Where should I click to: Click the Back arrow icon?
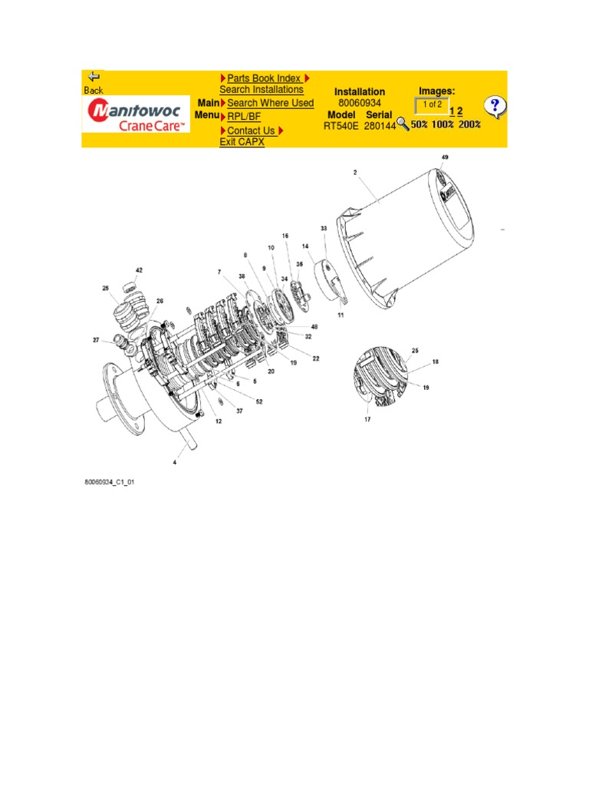[94, 77]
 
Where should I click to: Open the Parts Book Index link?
[264, 78]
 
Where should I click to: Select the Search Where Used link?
[270, 103]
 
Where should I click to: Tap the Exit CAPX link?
[242, 143]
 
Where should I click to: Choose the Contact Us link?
[251, 130]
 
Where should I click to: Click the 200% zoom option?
[469, 124]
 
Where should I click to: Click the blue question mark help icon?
[495, 107]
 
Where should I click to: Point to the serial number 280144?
[380, 126]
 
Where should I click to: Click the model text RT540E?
[341, 126]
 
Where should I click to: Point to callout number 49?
[445, 157]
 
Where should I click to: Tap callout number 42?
[139, 270]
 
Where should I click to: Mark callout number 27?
[96, 339]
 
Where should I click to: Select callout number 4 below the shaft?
[174, 462]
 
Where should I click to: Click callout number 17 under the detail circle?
[367, 419]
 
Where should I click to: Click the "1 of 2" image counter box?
[431, 105]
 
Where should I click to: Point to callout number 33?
[324, 228]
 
